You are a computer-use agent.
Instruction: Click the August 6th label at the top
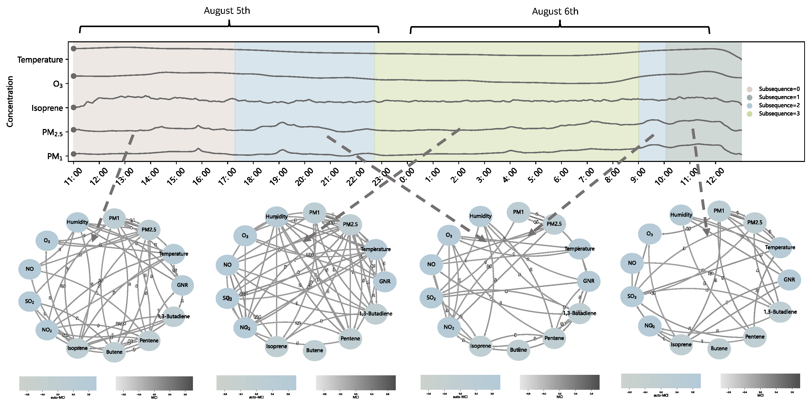[x=555, y=11]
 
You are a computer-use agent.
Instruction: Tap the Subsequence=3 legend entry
[x=779, y=114]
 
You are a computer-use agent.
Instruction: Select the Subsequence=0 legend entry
[x=779, y=89]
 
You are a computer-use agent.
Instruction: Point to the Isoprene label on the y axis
[x=47, y=108]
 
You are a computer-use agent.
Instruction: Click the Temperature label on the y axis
[x=40, y=60]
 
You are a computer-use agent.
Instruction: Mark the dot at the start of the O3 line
[x=73, y=76]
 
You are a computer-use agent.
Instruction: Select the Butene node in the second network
[x=314, y=350]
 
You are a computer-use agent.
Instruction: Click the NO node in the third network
[x=431, y=264]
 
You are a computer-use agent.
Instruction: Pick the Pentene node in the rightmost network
[x=755, y=337]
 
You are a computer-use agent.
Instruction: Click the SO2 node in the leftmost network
[x=30, y=301]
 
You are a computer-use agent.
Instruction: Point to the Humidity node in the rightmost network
[x=681, y=215]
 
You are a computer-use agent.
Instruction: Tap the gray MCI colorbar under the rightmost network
[x=760, y=381]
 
